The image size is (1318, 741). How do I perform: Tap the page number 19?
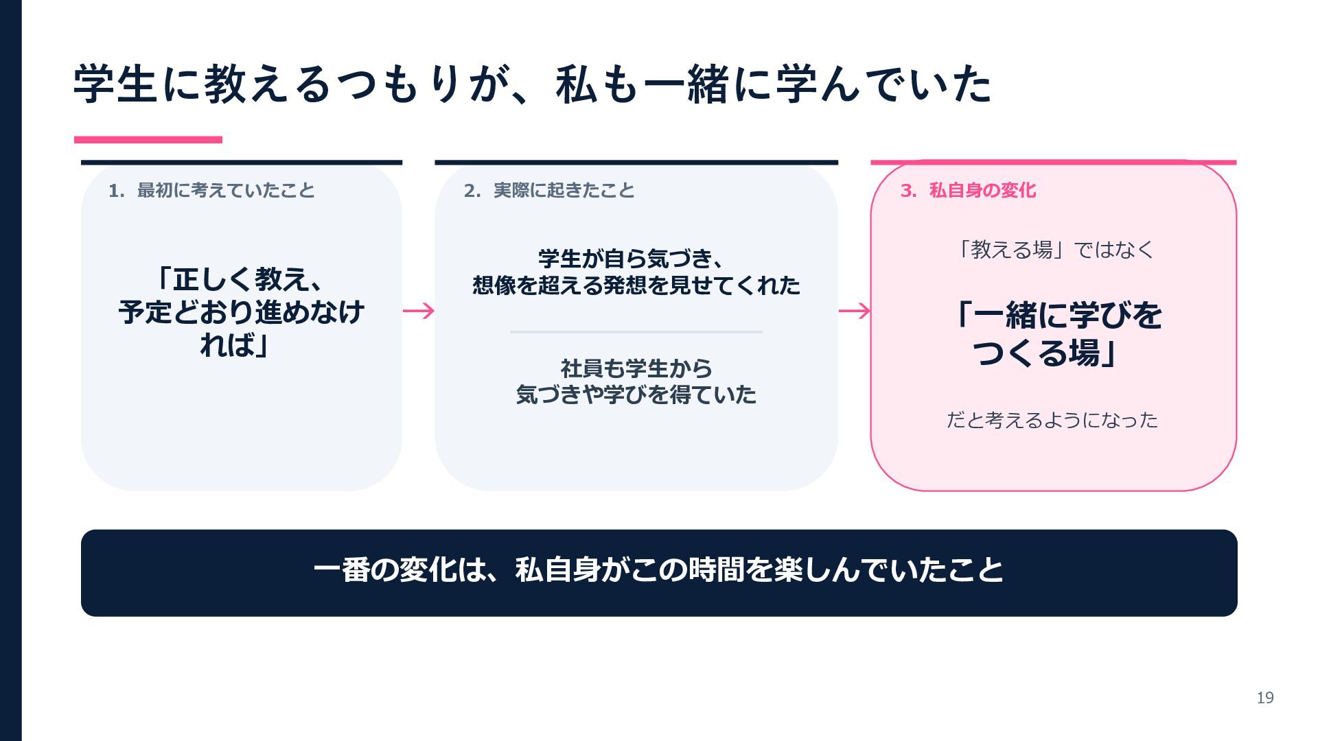pos(1265,698)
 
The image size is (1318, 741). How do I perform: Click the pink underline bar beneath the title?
pos(148,139)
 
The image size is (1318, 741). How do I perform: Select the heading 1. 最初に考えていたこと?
pos(211,190)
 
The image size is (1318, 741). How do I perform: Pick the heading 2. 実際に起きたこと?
pos(549,190)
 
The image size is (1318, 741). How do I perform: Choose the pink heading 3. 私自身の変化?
pos(968,190)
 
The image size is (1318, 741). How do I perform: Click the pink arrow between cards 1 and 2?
pos(419,311)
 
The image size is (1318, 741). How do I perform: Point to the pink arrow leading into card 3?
pos(855,311)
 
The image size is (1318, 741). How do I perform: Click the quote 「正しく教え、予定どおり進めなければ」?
pos(241,312)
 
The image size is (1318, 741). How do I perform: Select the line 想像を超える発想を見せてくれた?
pos(636,285)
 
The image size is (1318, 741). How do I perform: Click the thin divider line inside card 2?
pos(636,332)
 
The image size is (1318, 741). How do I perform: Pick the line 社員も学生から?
pos(636,368)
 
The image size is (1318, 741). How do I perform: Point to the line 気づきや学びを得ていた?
pos(636,395)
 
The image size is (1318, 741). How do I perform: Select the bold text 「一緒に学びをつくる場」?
pos(1054,334)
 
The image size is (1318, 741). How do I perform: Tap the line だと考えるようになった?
pos(1052,419)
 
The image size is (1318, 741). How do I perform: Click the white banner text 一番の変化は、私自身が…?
pos(659,570)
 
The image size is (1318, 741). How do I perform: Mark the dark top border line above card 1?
pos(242,163)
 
